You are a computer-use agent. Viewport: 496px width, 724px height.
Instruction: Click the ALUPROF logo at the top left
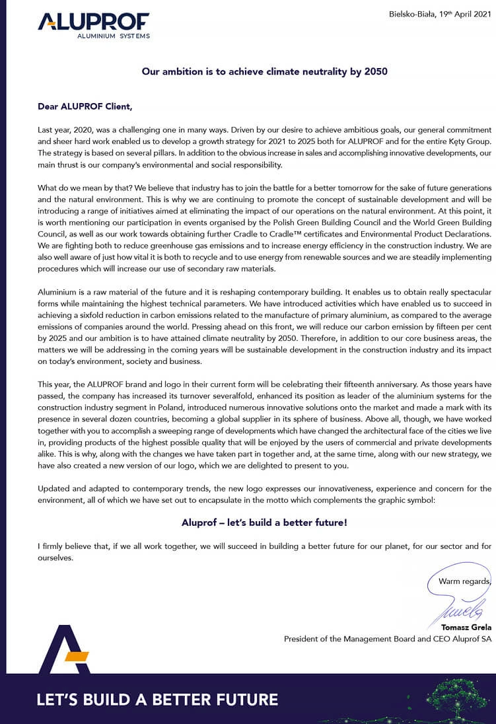click(93, 22)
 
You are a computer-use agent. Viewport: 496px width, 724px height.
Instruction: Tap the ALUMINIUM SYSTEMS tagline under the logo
click(114, 36)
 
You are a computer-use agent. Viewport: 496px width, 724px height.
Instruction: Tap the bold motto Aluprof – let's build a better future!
click(264, 522)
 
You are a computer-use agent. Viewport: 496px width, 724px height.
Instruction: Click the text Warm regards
click(465, 581)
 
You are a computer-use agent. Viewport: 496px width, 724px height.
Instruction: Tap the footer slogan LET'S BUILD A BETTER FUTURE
click(157, 700)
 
